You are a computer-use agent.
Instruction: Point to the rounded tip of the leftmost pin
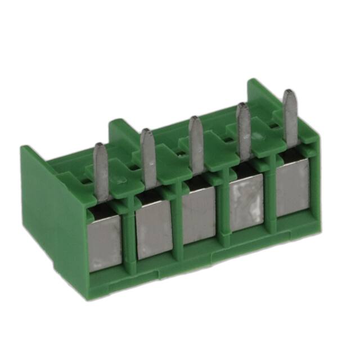[x=100, y=147]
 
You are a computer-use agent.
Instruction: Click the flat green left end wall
[x=53, y=214]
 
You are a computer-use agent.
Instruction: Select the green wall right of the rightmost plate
[x=314, y=186]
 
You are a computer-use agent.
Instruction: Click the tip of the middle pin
[x=195, y=120]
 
